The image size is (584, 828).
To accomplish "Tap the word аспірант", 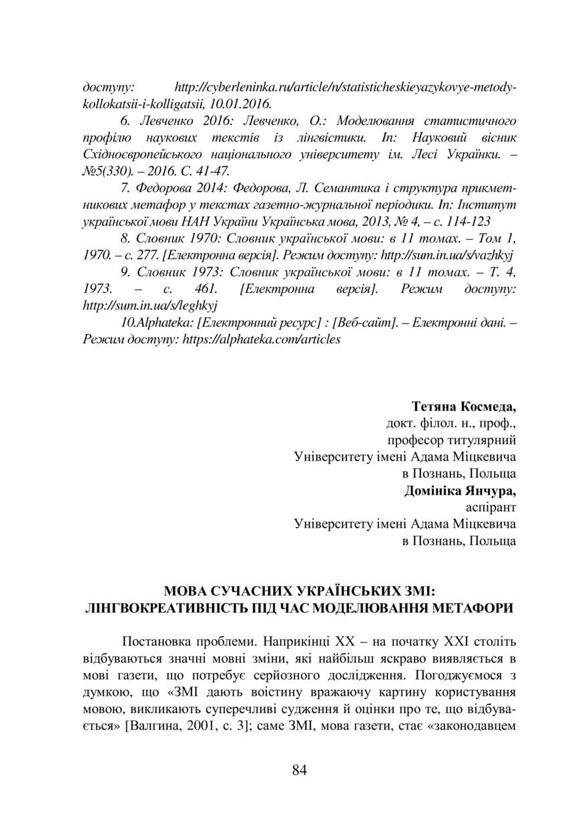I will (492, 507).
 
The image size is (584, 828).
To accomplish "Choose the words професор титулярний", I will (451, 440).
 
